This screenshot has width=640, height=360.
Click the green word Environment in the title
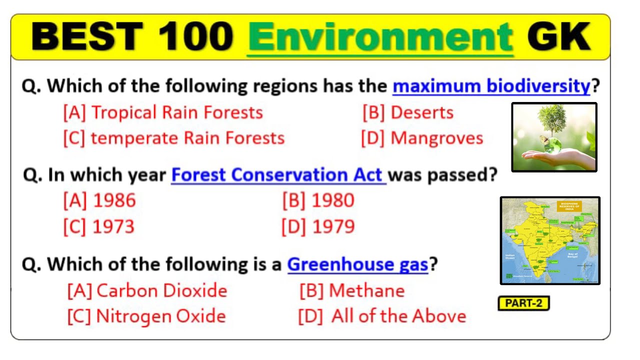pyautogui.click(x=380, y=37)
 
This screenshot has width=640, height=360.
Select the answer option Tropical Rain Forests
pyautogui.click(x=163, y=112)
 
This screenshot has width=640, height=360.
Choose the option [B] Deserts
pyautogui.click(x=408, y=112)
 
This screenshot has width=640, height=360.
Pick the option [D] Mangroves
pyautogui.click(x=422, y=138)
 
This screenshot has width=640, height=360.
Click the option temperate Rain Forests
pyautogui.click(x=173, y=138)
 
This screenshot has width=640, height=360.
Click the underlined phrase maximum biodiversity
pyautogui.click(x=491, y=86)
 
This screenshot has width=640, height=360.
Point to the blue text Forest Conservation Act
pyautogui.click(x=278, y=175)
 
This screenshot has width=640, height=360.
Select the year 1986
pyautogui.click(x=99, y=201)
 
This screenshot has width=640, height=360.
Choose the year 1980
pyautogui.click(x=318, y=201)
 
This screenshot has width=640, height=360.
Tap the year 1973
pyautogui.click(x=99, y=226)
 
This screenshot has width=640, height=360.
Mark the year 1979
pyautogui.click(x=318, y=226)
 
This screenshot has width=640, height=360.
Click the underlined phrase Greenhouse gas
pyautogui.click(x=357, y=264)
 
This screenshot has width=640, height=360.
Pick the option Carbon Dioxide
pyautogui.click(x=147, y=290)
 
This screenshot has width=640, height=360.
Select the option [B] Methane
pyautogui.click(x=352, y=290)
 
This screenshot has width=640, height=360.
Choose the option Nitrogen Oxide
pyautogui.click(x=146, y=316)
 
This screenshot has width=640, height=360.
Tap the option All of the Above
pyautogui.click(x=382, y=316)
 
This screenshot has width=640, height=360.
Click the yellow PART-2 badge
pyautogui.click(x=523, y=303)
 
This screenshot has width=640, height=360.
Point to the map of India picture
pyautogui.click(x=550, y=240)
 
